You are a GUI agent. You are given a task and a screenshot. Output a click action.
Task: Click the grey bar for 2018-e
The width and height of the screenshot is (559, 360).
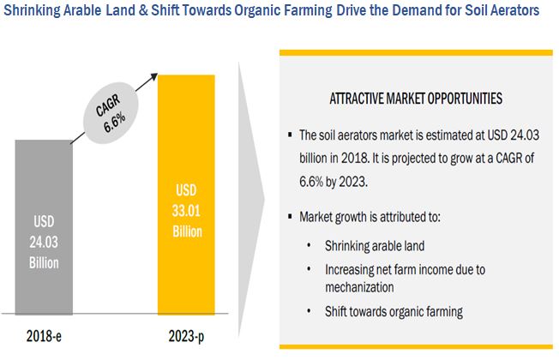click(x=44, y=227)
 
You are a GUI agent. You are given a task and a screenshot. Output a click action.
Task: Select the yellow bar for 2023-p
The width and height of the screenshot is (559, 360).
click(x=186, y=195)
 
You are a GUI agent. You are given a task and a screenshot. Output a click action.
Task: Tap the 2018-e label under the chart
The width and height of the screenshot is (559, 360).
click(x=44, y=336)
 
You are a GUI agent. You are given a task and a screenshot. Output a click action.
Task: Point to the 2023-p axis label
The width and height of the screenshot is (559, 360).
click(x=186, y=336)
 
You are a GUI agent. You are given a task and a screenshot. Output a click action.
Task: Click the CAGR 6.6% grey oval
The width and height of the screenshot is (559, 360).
click(x=111, y=113)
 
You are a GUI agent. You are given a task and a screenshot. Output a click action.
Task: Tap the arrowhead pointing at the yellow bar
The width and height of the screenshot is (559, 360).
click(x=154, y=76)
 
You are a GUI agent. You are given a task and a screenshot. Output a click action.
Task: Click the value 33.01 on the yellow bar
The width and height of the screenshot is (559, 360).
click(x=186, y=211)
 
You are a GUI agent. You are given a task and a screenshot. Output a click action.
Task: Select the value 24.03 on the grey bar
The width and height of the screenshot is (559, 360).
click(x=44, y=242)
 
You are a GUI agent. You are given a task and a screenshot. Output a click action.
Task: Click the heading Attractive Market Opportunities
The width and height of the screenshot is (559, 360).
click(x=416, y=99)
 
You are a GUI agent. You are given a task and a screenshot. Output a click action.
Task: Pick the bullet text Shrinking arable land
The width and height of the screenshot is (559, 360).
click(x=375, y=246)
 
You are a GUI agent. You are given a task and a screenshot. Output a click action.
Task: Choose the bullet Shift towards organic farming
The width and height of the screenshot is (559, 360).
click(x=394, y=311)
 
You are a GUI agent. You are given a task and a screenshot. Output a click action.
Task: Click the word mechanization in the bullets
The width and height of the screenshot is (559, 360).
click(x=359, y=287)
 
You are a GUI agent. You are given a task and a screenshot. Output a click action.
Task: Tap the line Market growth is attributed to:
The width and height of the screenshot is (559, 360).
click(x=370, y=217)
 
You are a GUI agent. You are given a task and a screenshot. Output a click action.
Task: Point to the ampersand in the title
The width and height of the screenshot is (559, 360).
click(x=143, y=10)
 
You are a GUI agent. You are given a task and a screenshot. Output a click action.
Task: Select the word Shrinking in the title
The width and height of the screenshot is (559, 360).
click(x=32, y=10)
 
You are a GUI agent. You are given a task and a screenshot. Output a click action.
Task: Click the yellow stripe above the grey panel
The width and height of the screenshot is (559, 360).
click(x=416, y=53)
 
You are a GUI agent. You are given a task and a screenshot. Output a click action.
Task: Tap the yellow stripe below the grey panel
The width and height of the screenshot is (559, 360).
click(x=416, y=346)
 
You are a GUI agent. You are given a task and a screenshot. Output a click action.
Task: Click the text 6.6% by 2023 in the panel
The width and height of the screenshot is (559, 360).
click(x=333, y=182)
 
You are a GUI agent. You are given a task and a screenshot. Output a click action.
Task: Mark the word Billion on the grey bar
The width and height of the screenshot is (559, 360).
click(x=44, y=262)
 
